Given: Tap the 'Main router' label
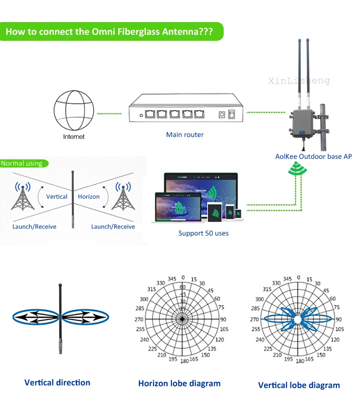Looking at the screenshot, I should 185,135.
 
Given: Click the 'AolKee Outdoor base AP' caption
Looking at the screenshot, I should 313,157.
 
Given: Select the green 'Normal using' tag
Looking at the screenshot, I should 22,164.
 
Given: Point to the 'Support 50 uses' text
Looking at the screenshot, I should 204,233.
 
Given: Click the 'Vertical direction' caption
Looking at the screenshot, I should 57,383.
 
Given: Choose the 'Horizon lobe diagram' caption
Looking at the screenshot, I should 180,383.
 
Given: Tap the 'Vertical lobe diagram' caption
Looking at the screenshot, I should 299,385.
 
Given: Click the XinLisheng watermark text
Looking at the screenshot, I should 299,81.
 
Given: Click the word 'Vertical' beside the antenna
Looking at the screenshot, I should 57,196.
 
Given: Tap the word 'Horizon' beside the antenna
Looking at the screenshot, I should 89,196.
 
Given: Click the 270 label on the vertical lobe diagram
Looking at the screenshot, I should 254,319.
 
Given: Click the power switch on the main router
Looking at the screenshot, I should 232,114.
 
